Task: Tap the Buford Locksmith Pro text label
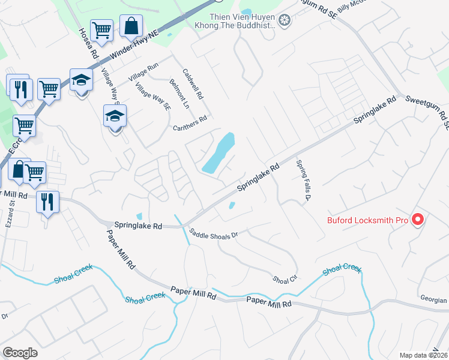click(367, 220)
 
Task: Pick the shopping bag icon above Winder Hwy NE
click(131, 26)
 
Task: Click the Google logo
click(20, 353)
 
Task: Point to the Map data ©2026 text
click(423, 355)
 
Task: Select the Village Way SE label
click(152, 98)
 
